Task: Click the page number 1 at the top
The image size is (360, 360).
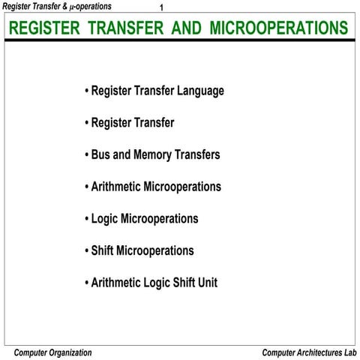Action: pyautogui.click(x=162, y=9)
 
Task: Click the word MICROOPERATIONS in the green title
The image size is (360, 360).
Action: pyautogui.click(x=279, y=28)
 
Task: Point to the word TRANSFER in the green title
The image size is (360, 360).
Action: pyautogui.click(x=127, y=28)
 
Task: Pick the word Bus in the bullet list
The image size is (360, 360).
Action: pyautogui.click(x=100, y=155)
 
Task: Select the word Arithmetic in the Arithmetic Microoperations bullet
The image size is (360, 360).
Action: pyautogui.click(x=115, y=187)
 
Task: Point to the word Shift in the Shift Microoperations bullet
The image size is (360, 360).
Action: pyautogui.click(x=104, y=250)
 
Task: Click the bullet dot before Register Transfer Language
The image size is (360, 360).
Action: pyautogui.click(x=86, y=91)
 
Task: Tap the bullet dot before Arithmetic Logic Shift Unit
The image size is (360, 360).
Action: pyautogui.click(x=86, y=283)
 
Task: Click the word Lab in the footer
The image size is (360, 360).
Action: pyautogui.click(x=349, y=352)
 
